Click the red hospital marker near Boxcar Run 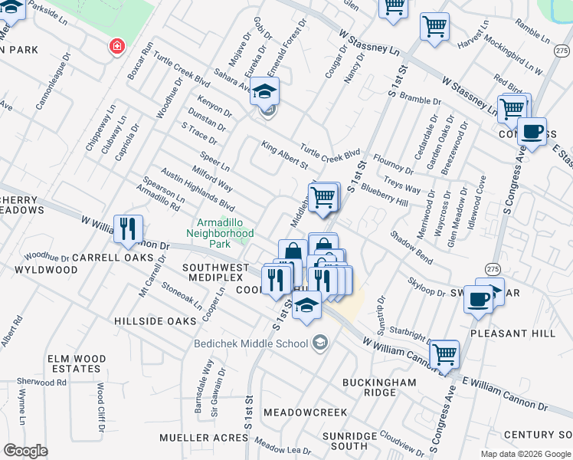pos(116,47)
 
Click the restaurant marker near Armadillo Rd pos(127,228)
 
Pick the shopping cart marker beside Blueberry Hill pos(324,197)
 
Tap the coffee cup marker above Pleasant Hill pos(479,300)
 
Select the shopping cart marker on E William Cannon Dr pos(444,355)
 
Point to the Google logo pos(26,451)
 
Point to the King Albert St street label pos(284,155)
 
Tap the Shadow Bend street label pos(411,248)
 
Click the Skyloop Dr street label pos(427,287)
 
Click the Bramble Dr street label pos(421,100)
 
